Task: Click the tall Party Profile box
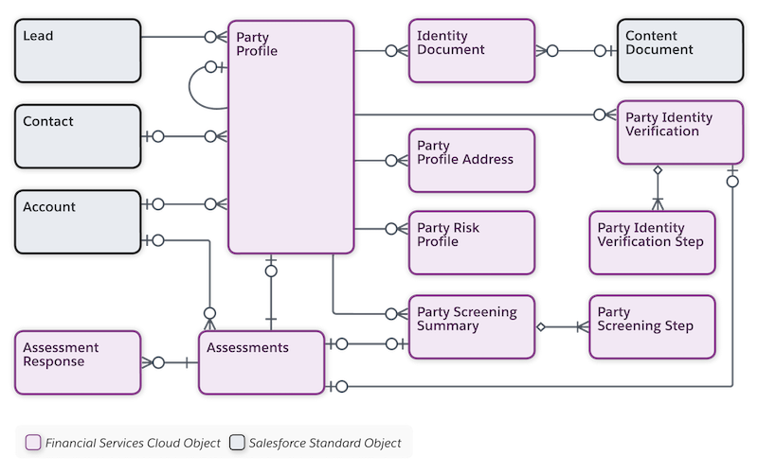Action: pyautogui.click(x=291, y=137)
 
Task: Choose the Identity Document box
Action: pyautogui.click(x=471, y=49)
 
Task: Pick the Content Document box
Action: pyautogui.click(x=678, y=49)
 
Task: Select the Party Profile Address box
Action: pyautogui.click(x=471, y=158)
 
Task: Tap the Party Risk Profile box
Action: pyautogui.click(x=471, y=241)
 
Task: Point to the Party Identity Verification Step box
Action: pyautogui.click(x=650, y=242)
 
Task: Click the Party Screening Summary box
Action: pyautogui.click(x=471, y=326)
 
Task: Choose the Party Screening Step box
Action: pyautogui.click(x=650, y=326)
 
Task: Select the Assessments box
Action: pyautogui.click(x=262, y=360)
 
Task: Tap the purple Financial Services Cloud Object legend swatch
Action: pyautogui.click(x=34, y=442)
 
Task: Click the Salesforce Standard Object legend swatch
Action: pyautogui.click(x=238, y=442)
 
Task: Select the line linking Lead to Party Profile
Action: pyautogui.click(x=180, y=37)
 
